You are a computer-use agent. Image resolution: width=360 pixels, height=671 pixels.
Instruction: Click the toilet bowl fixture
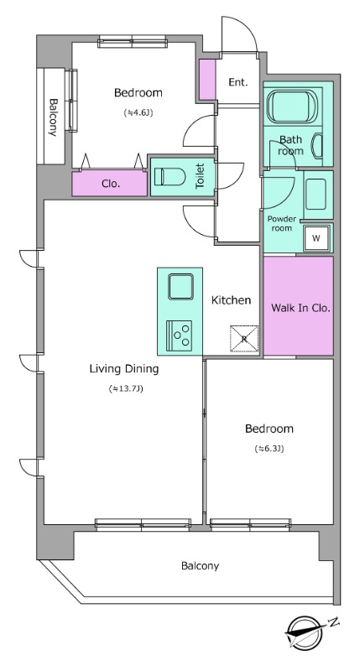pos(169,177)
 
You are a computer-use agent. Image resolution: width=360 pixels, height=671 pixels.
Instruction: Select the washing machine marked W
pos(316,238)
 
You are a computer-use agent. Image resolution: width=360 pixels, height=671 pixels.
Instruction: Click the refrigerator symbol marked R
pos(244,339)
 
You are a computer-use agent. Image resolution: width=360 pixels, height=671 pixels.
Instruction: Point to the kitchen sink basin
pos(180,286)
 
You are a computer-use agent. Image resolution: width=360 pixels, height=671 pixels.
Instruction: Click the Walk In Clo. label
pos(301,308)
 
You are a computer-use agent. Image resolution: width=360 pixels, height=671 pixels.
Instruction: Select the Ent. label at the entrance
pos(238,82)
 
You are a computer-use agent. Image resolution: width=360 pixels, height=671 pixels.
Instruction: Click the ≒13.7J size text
pos(125,389)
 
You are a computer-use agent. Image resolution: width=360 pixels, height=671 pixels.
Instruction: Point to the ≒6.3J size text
pos(269,449)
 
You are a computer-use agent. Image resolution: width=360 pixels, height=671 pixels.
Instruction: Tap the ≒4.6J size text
pos(138,113)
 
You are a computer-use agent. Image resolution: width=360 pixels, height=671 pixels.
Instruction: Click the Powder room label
pos(282,223)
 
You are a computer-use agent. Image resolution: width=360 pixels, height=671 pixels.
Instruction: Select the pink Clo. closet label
pos(111,184)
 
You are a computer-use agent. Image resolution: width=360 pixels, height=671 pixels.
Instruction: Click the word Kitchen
pos(231,300)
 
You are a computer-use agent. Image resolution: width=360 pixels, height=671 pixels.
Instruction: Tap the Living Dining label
pos(124,368)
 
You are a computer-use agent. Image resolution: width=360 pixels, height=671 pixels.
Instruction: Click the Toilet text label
pos(200,176)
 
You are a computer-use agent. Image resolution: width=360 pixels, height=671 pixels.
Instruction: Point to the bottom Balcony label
pos(200,565)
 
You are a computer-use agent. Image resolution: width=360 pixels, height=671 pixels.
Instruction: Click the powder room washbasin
pos(316,194)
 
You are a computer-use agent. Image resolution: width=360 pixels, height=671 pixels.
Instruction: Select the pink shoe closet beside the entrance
pos(207,80)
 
